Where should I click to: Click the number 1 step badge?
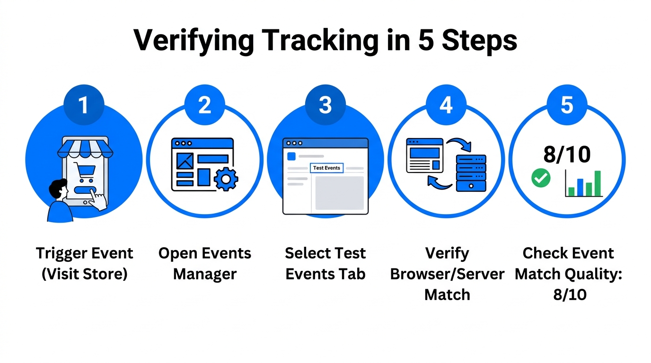coord(84,105)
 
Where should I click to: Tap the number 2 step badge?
coord(204,105)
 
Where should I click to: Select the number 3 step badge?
coord(325,105)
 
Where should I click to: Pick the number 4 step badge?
coord(446,105)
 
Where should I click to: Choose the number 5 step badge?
coord(567,105)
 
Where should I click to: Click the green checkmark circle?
coord(541,178)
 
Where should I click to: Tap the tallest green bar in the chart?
coord(598,183)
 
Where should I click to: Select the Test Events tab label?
coord(326,168)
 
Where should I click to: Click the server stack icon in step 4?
coord(471,173)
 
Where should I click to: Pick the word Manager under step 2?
coord(204,274)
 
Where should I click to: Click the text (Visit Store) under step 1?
coord(84,274)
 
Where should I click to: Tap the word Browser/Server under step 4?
coord(447,274)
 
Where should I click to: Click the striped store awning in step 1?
coord(86,147)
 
